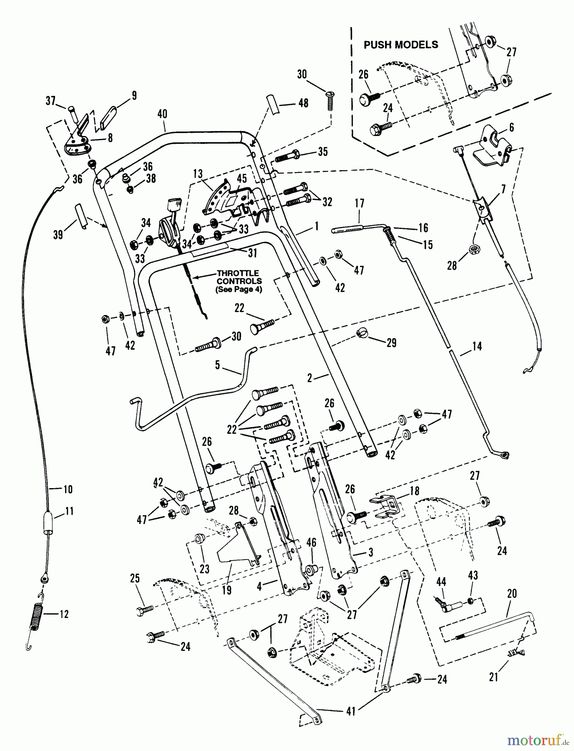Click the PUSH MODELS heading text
[x=401, y=45]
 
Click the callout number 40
[x=162, y=113]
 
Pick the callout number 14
[x=477, y=345]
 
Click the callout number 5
[x=217, y=365]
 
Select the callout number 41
[x=351, y=711]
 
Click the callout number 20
[x=511, y=593]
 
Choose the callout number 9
[x=134, y=95]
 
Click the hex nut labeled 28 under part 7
[x=474, y=250]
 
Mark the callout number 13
[x=198, y=173]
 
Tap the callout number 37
[x=50, y=101]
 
